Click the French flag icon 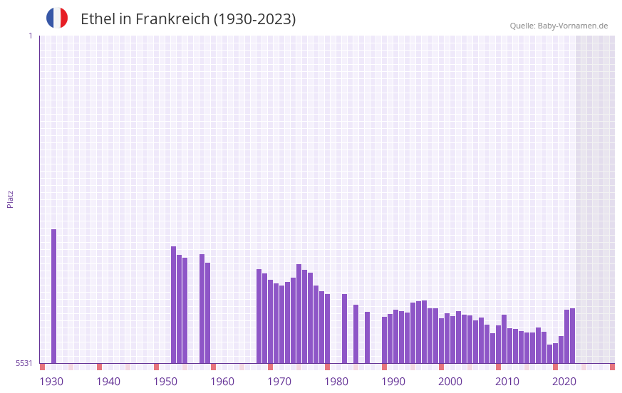click(x=57, y=18)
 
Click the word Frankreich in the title click(x=171, y=19)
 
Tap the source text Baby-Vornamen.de click(x=572, y=26)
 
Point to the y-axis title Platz click(x=10, y=199)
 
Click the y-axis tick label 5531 click(x=24, y=363)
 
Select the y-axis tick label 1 click(x=30, y=36)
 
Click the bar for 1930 click(x=53, y=295)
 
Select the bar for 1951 click(x=173, y=305)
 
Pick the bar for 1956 click(x=202, y=308)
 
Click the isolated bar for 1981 click(x=344, y=328)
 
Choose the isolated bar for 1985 click(x=367, y=337)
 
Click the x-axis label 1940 click(x=108, y=382)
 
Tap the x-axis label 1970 click(x=279, y=382)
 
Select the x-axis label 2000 click(x=450, y=382)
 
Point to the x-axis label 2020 click(x=564, y=382)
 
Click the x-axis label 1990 click(x=393, y=382)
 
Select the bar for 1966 click(x=259, y=316)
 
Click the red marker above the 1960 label click(x=213, y=367)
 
